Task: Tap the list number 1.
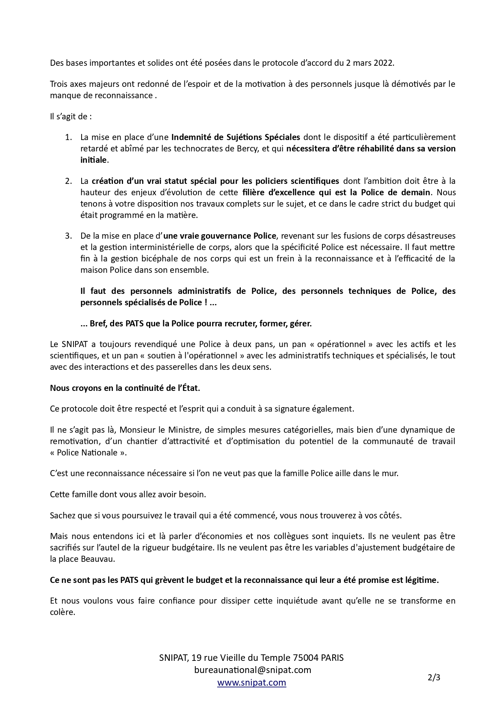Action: click(x=68, y=137)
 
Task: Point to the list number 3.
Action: click(x=68, y=236)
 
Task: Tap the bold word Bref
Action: click(x=99, y=324)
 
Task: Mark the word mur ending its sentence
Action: click(x=390, y=473)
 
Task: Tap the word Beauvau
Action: click(x=97, y=559)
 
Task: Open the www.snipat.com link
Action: click(x=251, y=683)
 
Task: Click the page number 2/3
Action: click(x=434, y=677)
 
